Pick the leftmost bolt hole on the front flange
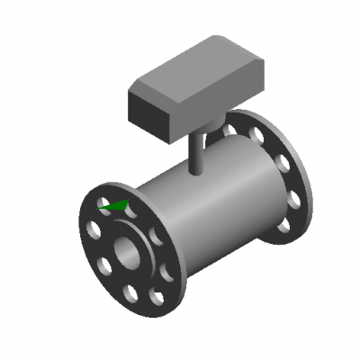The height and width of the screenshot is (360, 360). tap(93, 230)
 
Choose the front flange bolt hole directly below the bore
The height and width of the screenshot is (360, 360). tap(131, 291)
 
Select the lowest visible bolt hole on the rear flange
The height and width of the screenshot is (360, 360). tap(283, 225)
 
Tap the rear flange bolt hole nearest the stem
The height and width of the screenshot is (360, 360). tap(230, 129)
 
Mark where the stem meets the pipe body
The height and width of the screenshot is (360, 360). tap(197, 172)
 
